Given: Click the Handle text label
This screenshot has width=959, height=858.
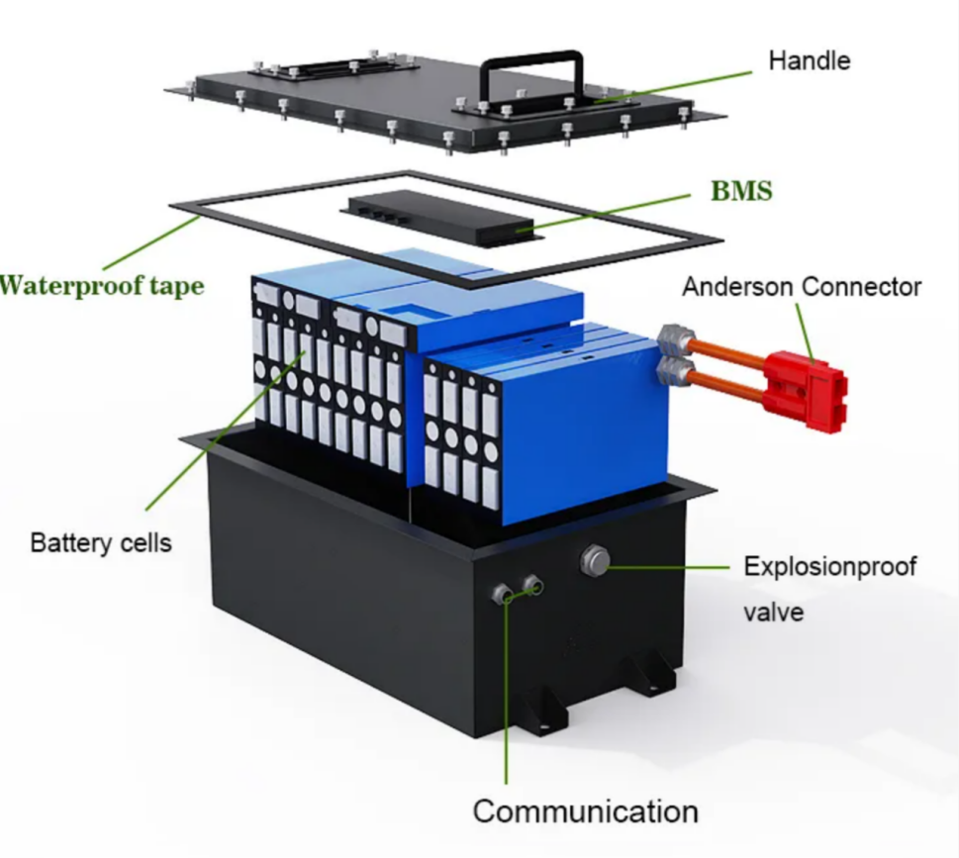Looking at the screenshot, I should [x=809, y=61].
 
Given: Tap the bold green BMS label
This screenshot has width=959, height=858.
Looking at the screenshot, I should [x=740, y=191].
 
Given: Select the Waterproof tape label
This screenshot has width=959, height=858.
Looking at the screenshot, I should [x=102, y=286].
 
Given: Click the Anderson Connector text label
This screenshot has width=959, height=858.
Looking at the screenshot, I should [x=802, y=287].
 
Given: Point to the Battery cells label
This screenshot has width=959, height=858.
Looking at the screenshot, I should [x=101, y=542].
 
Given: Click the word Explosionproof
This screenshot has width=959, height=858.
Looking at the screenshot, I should [x=829, y=567].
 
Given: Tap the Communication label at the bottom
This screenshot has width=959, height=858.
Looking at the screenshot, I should [x=585, y=812].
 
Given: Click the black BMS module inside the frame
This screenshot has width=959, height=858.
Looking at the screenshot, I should [x=440, y=218].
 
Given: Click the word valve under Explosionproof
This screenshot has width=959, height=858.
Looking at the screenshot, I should [x=773, y=613].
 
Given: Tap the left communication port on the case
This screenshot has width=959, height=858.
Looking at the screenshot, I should [x=504, y=594].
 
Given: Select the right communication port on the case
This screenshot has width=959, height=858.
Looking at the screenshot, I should [x=533, y=585].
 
